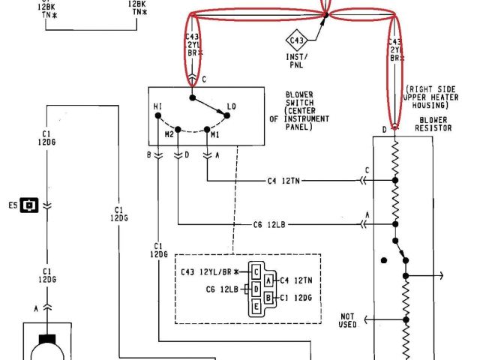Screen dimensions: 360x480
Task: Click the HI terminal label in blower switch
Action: [158, 107]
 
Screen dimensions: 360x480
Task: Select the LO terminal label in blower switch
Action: [231, 107]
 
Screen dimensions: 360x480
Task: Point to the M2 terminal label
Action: [169, 134]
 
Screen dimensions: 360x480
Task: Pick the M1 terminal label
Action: [214, 134]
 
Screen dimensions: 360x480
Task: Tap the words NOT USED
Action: [347, 319]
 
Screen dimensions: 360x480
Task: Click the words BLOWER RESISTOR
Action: [434, 123]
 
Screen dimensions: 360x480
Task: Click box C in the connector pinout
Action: [256, 271]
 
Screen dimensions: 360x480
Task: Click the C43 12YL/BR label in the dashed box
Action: [211, 271]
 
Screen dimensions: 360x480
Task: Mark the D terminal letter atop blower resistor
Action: [385, 130]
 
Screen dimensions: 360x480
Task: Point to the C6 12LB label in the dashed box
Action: [222, 289]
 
